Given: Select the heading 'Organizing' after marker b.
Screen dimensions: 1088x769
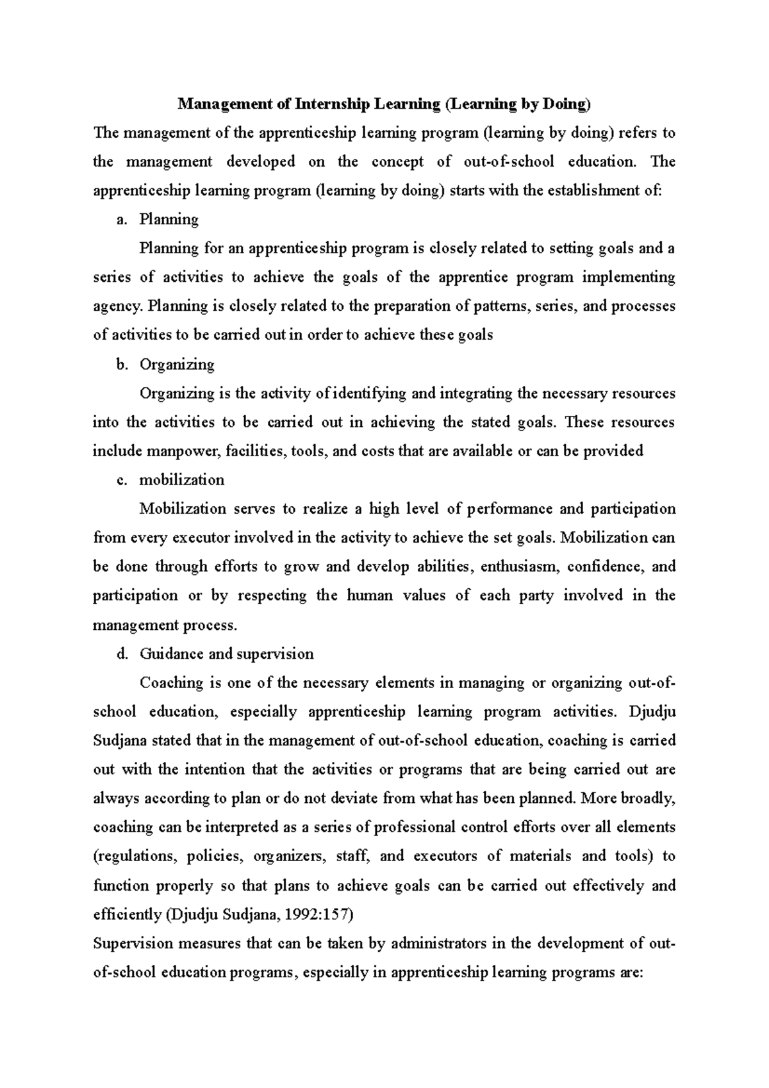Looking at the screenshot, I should pos(177,365).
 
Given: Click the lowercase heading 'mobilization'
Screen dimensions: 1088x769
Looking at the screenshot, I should pos(182,481).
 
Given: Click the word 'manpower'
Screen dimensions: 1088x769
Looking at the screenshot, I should pos(183,451).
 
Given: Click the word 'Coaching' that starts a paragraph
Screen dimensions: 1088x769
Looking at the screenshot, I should pos(171,683).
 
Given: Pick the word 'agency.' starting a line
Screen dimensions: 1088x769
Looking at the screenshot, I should pos(118,306).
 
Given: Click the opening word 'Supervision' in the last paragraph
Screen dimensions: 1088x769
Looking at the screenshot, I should pos(133,944).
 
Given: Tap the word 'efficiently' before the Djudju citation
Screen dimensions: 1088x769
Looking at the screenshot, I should pos(127,915).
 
